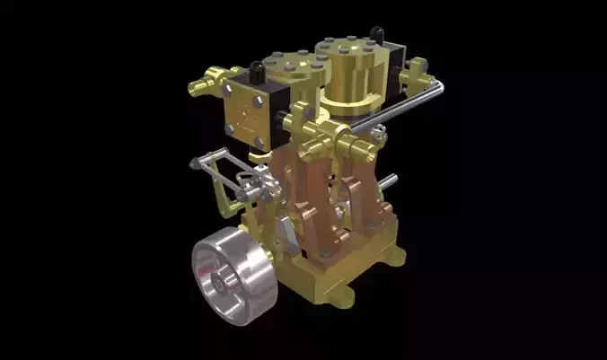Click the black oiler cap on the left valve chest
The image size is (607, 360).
pos(257,67)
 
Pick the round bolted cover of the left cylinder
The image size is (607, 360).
pos(296,63)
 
